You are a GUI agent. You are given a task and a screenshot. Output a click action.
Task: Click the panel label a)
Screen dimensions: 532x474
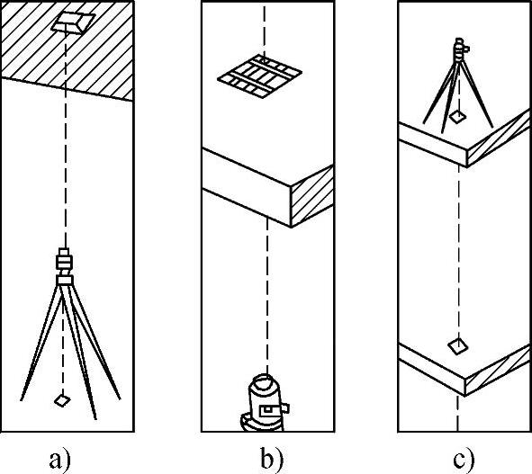[59, 460]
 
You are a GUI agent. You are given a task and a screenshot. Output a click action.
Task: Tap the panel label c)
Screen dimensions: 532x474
[464, 460]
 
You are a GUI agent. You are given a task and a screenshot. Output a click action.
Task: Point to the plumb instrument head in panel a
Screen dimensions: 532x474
[65, 266]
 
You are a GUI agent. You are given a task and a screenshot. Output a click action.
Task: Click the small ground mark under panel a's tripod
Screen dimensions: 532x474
[62, 400]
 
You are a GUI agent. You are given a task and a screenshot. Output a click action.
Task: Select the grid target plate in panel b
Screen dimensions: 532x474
[259, 76]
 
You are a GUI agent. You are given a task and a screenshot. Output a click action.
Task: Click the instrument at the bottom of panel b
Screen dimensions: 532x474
[266, 403]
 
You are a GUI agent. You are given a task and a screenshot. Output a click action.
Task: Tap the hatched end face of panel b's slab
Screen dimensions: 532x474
[312, 196]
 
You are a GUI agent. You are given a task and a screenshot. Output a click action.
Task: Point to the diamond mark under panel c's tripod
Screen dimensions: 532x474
[457, 116]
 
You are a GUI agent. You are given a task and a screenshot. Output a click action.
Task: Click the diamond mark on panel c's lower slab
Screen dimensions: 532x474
[457, 346]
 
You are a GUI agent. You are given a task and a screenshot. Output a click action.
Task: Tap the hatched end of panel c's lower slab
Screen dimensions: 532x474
[498, 370]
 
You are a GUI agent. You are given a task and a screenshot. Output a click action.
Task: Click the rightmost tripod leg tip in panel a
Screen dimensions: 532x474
[120, 399]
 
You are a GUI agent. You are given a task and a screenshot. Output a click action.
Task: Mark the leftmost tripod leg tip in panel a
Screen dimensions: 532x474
[21, 400]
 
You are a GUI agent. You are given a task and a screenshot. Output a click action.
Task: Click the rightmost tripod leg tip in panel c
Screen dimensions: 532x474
[492, 127]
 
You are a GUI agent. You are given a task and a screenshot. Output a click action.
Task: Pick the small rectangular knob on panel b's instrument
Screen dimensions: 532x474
[285, 407]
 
